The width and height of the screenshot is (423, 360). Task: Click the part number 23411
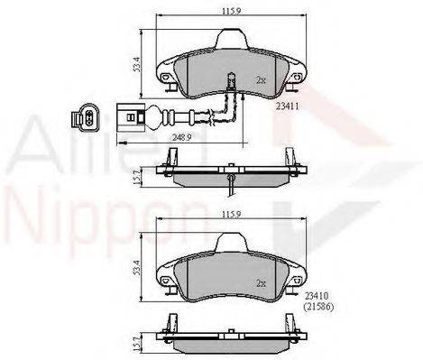pyautogui.click(x=287, y=106)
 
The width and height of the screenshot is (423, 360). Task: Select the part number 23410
pyautogui.click(x=316, y=296)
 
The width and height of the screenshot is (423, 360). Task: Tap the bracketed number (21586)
pyautogui.click(x=318, y=307)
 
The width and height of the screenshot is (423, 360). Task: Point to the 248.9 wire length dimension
pyautogui.click(x=182, y=137)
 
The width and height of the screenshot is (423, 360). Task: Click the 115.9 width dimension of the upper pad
pyautogui.click(x=232, y=12)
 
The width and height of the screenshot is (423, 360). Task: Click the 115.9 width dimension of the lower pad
pyautogui.click(x=232, y=215)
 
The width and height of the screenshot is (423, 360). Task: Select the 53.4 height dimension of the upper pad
pyautogui.click(x=137, y=64)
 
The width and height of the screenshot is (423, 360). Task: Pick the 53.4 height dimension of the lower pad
pyautogui.click(x=137, y=268)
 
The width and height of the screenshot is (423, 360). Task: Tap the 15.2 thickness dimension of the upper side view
pyautogui.click(x=137, y=177)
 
